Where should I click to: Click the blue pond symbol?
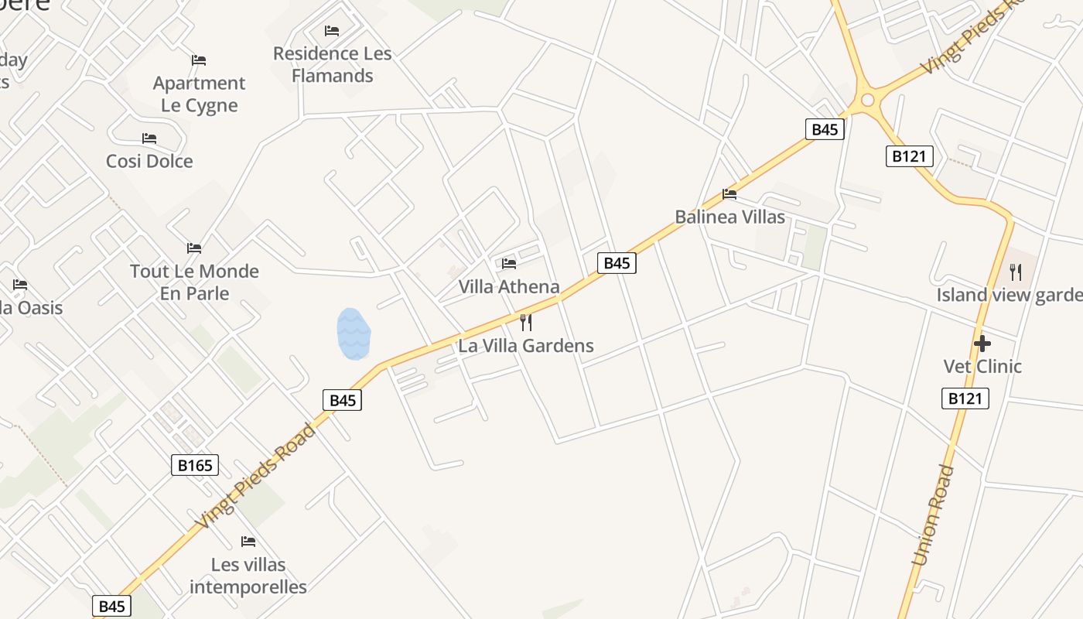pos(354,333)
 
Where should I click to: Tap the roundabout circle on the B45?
pos(867,100)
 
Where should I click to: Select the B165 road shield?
pos(195,465)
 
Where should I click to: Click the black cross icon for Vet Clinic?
pos(982,343)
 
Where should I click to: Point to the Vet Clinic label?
pos(982,366)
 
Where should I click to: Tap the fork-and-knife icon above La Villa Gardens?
pos(526,322)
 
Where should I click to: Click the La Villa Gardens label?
pos(526,346)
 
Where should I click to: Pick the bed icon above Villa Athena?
pos(509,264)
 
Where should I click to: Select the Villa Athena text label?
pos(509,287)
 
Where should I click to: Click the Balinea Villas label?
pos(729,217)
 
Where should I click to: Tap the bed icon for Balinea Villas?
pos(729,194)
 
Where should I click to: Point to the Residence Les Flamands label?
pos(333,65)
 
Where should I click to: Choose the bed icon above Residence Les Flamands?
pos(332,31)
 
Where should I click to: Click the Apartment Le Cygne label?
pos(199,94)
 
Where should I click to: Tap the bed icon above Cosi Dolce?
pos(149,139)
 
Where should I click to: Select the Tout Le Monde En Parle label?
pos(194,282)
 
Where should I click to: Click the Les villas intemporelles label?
pos(248,576)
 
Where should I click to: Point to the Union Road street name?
pos(933,515)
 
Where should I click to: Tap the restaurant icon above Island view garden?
pos(1016,272)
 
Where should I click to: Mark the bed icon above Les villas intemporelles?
pos(248,541)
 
